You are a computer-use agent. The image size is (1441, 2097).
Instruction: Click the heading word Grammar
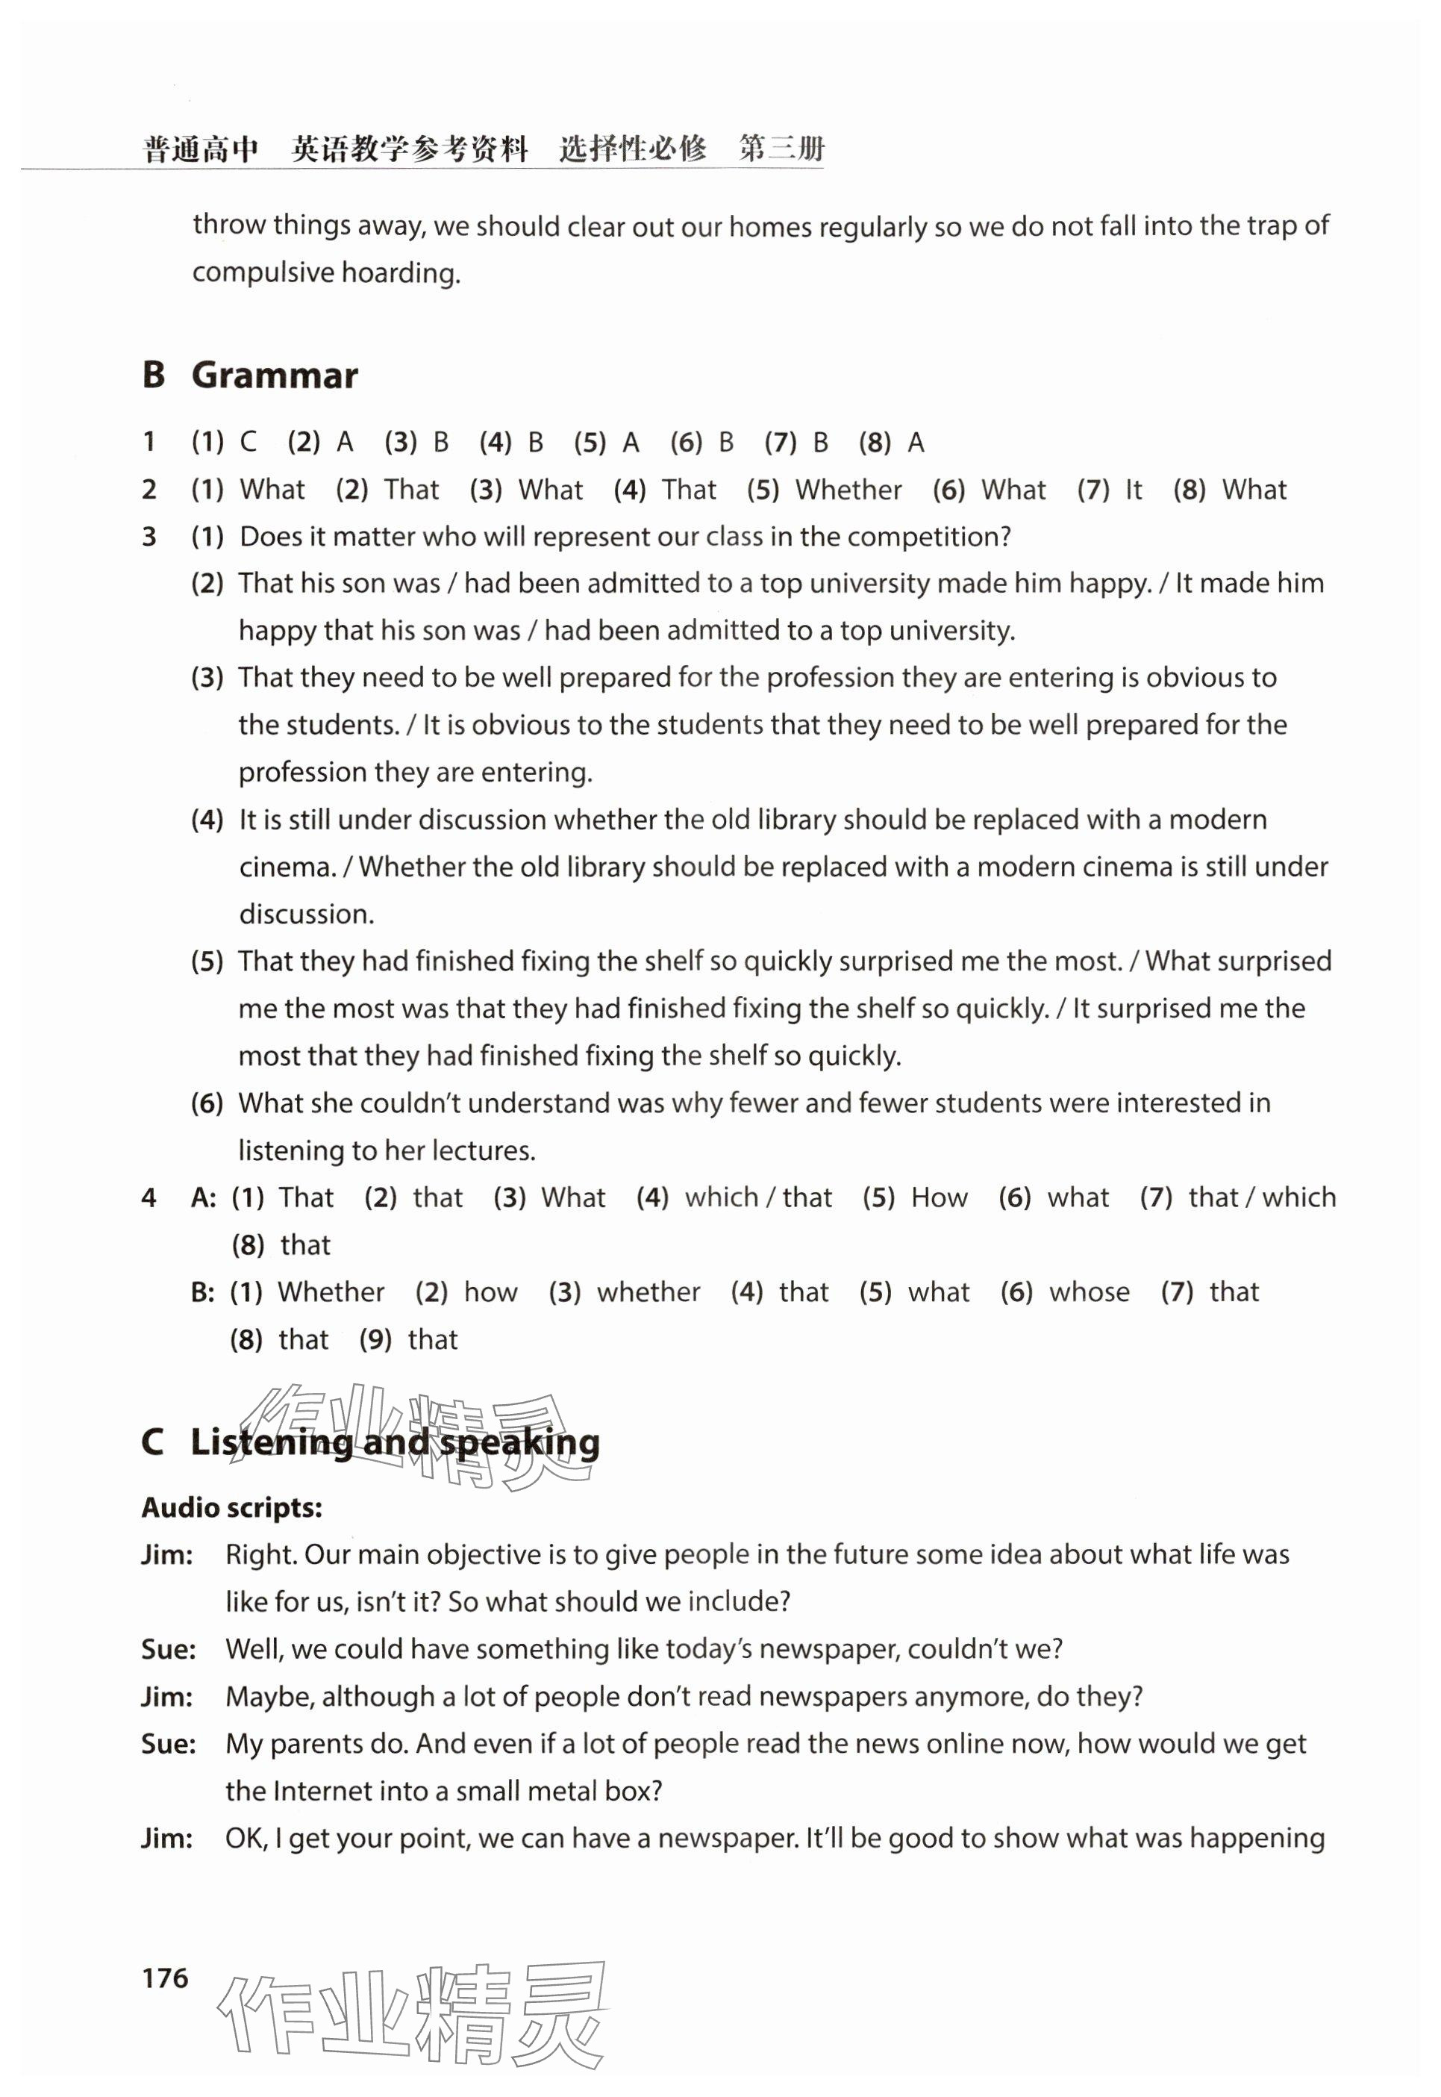pos(275,376)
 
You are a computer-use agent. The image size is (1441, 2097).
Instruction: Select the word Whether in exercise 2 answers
pos(848,490)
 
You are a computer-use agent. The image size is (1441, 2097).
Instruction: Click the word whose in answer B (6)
pos(1089,1292)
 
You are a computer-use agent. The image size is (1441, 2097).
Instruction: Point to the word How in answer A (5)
pos(939,1197)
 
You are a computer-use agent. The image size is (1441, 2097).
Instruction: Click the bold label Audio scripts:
pos(232,1507)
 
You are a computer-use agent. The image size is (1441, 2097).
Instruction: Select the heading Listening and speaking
pos(395,1442)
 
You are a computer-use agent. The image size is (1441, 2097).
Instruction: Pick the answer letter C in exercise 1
pos(248,443)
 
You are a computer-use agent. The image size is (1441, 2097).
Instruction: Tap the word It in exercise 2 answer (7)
pos(1133,490)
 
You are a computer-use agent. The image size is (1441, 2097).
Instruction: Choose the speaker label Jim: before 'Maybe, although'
pos(167,1696)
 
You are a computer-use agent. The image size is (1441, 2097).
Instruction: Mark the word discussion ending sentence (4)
pos(306,914)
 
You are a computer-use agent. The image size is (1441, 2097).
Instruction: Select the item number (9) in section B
pos(375,1339)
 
